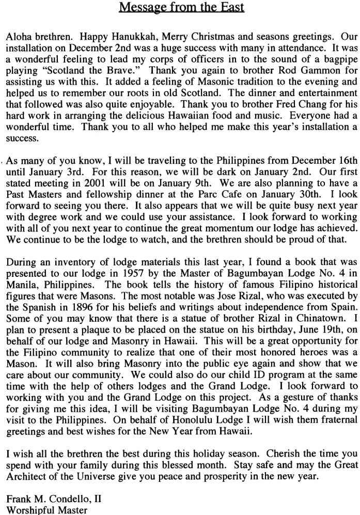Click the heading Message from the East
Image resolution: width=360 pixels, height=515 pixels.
181,7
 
